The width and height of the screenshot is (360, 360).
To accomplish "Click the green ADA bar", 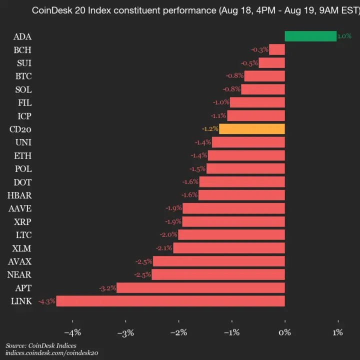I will click(310, 36).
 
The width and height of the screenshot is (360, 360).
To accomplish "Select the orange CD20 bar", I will click(252, 129).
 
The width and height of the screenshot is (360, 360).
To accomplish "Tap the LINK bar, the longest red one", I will click(170, 301).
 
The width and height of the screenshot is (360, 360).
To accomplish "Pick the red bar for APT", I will click(200, 287).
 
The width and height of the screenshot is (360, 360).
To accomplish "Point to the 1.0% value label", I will click(344, 36).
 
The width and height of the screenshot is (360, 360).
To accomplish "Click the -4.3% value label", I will click(47, 301).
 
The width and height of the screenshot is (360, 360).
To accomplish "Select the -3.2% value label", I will click(107, 287).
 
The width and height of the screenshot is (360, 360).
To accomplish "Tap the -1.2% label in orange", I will click(210, 129).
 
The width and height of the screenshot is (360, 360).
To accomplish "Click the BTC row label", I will click(23, 76).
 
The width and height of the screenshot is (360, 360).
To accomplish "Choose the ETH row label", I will click(23, 155).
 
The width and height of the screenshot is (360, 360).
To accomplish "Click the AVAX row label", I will click(20, 261).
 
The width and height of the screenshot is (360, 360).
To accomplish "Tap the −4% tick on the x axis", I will click(72, 332).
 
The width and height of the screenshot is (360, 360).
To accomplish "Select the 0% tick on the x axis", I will click(285, 332).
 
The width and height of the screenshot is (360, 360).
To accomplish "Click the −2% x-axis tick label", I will click(178, 332).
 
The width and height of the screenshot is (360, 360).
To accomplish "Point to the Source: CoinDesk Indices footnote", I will click(41, 345).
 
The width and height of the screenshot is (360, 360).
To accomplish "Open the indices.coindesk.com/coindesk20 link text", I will click(52, 353).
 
